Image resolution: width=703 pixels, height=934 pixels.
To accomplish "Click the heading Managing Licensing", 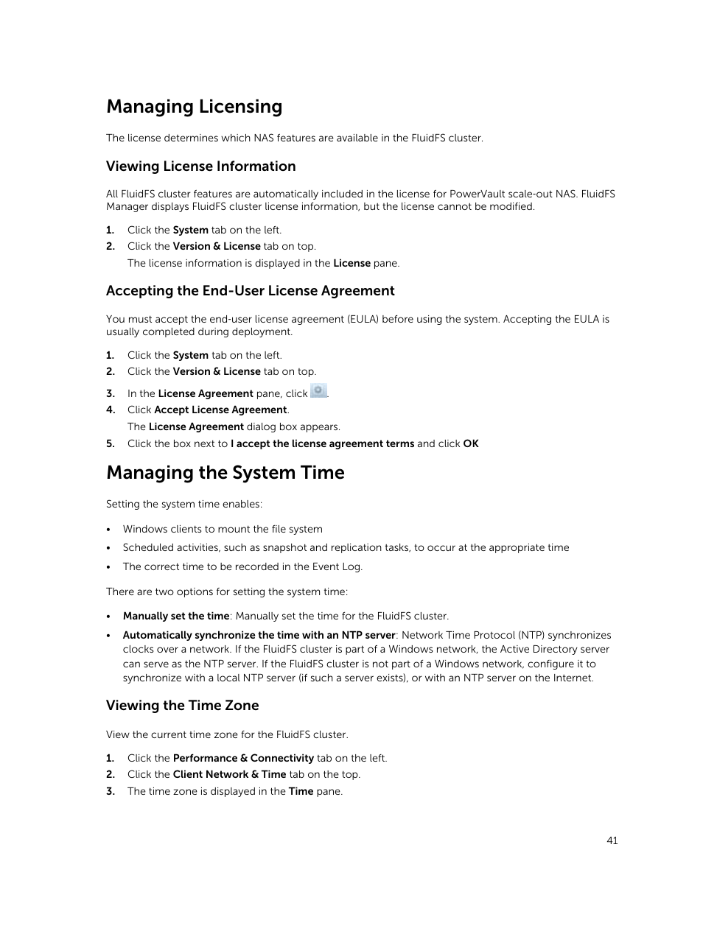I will pos(194,107).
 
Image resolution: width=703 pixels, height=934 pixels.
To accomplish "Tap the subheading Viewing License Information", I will pos(200,166).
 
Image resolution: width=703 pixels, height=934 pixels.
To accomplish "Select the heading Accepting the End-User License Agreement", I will pos(250,291).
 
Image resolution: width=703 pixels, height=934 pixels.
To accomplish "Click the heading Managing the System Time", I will pos(225,473).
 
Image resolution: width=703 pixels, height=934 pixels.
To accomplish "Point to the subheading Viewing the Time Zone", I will pos(182,706).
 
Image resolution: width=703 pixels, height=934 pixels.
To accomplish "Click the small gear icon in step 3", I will pos(318,391).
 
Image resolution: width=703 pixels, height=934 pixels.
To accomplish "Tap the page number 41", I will pos(612,840).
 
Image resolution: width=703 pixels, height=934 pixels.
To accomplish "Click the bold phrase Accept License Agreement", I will pos(220,410).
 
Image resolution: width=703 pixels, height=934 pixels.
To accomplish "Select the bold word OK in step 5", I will pos(471,443).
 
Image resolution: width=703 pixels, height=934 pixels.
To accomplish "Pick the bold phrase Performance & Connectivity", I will pos(243,758).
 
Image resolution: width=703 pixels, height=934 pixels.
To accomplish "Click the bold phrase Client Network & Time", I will pos(229,774).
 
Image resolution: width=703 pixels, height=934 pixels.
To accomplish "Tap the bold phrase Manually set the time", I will pos(176,616).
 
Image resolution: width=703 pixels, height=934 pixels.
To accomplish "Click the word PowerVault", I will pos(477,194).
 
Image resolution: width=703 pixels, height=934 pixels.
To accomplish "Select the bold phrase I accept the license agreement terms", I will pos(322,443).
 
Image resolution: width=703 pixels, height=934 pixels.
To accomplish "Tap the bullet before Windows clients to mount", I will pos(109,530).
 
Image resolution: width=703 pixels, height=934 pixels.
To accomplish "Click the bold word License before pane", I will pos(351,263).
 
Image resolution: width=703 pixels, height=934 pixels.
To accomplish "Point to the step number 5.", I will pos(111,443).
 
